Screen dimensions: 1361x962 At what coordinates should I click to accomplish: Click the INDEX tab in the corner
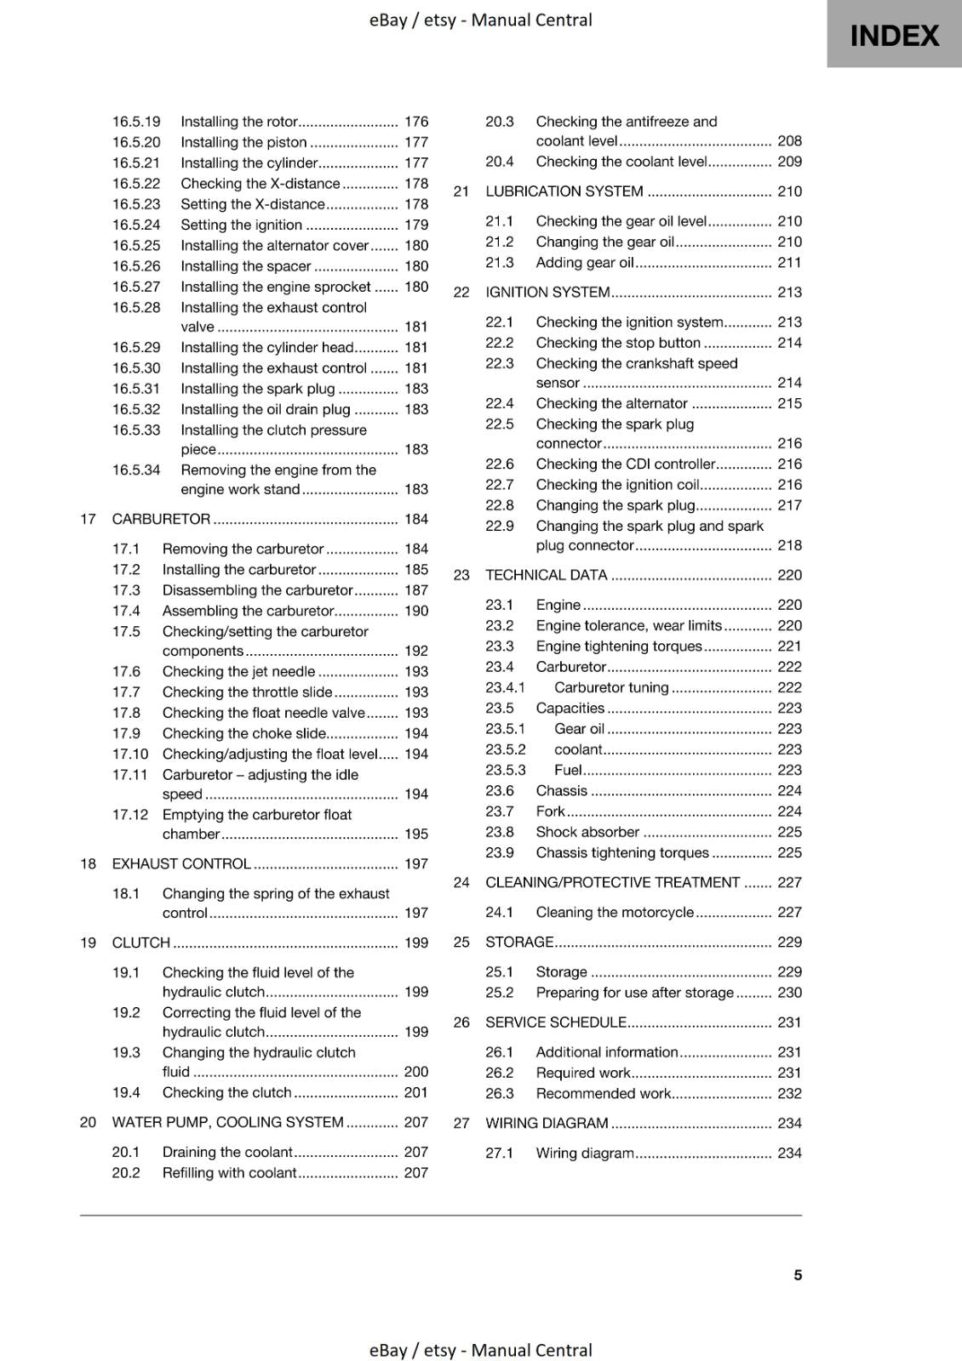pyautogui.click(x=894, y=35)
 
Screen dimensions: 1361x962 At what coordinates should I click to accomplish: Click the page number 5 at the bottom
pyautogui.click(x=797, y=1274)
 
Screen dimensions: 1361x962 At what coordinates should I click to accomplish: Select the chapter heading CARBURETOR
pyautogui.click(x=161, y=519)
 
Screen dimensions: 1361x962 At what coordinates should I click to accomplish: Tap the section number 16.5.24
pyautogui.click(x=136, y=225)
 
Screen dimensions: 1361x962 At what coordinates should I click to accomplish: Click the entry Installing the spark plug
pyautogui.click(x=258, y=389)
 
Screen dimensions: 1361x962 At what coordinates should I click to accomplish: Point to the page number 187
pyautogui.click(x=415, y=590)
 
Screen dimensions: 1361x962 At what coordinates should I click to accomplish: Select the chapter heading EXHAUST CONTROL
pyautogui.click(x=181, y=863)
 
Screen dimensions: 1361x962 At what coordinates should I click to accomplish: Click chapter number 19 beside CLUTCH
pyautogui.click(x=88, y=942)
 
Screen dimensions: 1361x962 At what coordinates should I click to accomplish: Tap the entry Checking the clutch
pyautogui.click(x=226, y=1092)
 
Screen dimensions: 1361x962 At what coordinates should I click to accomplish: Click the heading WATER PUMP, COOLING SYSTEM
pyautogui.click(x=227, y=1122)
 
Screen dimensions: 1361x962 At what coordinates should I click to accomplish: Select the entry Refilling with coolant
pyautogui.click(x=229, y=1172)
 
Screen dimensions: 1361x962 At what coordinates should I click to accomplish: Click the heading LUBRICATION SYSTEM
pyautogui.click(x=564, y=191)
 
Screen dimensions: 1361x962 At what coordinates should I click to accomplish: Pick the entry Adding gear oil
pyautogui.click(x=585, y=262)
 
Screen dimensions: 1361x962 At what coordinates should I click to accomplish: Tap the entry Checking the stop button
pyautogui.click(x=618, y=343)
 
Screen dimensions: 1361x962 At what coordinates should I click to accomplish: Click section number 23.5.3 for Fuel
pyautogui.click(x=505, y=770)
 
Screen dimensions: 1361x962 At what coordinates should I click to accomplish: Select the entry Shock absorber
pyautogui.click(x=587, y=832)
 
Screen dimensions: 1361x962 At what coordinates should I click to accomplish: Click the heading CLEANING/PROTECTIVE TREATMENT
pyautogui.click(x=612, y=882)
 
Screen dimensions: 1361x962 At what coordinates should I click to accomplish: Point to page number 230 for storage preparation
pyautogui.click(x=789, y=993)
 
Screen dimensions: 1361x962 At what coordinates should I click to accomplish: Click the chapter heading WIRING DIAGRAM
pyautogui.click(x=547, y=1123)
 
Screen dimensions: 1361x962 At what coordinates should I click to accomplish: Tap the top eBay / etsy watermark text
pyautogui.click(x=480, y=20)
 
